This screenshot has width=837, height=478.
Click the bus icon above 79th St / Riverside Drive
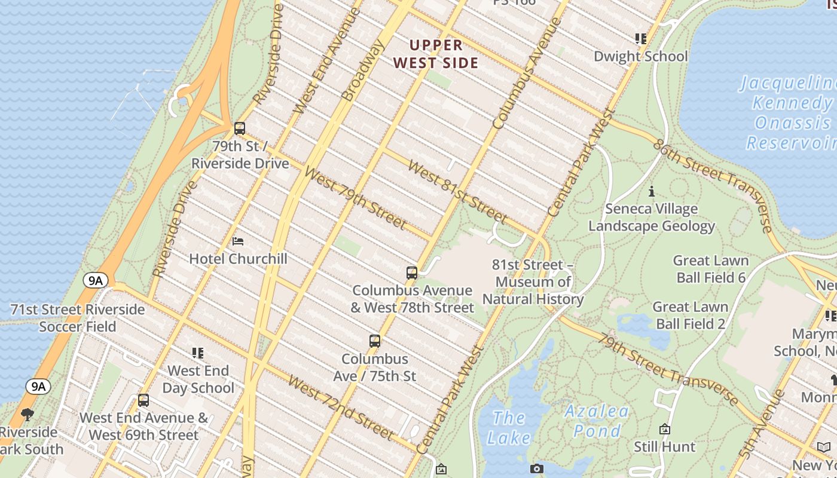click(x=240, y=128)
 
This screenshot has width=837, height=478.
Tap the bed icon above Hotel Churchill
click(x=238, y=241)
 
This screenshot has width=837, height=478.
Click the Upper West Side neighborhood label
click(x=436, y=54)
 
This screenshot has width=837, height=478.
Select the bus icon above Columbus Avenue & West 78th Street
click(x=412, y=273)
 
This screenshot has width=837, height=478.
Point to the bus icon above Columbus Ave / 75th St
click(x=375, y=342)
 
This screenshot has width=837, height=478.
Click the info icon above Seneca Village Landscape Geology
click(x=652, y=192)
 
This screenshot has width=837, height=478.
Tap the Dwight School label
click(x=640, y=56)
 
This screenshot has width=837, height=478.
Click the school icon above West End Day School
click(x=198, y=353)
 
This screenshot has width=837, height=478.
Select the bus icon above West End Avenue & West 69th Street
click(x=143, y=400)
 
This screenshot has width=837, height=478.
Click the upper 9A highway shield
click(x=96, y=280)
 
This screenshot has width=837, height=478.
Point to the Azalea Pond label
click(x=597, y=421)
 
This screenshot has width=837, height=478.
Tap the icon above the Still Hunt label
click(x=664, y=429)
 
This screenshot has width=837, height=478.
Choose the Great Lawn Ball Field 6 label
click(x=711, y=269)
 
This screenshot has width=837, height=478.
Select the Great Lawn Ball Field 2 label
click(x=691, y=315)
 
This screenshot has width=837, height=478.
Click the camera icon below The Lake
click(x=536, y=469)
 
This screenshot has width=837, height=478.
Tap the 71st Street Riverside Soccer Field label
click(x=78, y=318)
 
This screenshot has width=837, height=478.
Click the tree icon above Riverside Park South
click(x=28, y=414)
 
